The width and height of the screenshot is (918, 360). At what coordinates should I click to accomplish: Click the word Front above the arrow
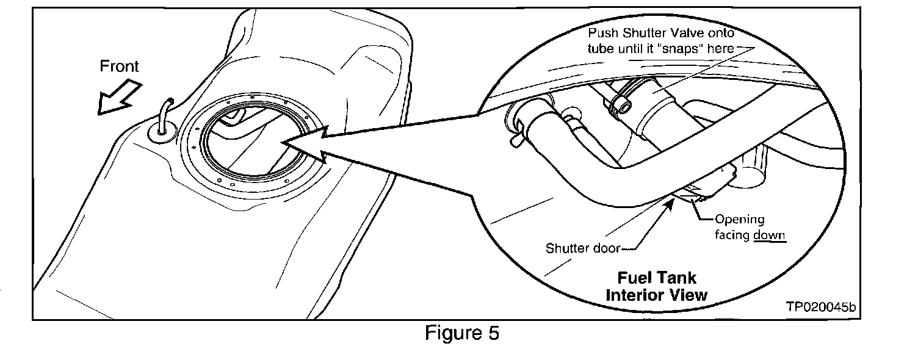point(120,66)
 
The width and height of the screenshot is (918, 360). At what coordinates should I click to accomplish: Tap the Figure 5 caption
point(462,333)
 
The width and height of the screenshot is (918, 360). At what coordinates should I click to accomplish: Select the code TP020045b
point(821,308)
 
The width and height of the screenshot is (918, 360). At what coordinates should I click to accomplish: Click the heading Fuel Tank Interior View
point(656,286)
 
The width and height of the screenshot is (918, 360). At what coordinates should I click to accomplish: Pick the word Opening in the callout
point(739,219)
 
